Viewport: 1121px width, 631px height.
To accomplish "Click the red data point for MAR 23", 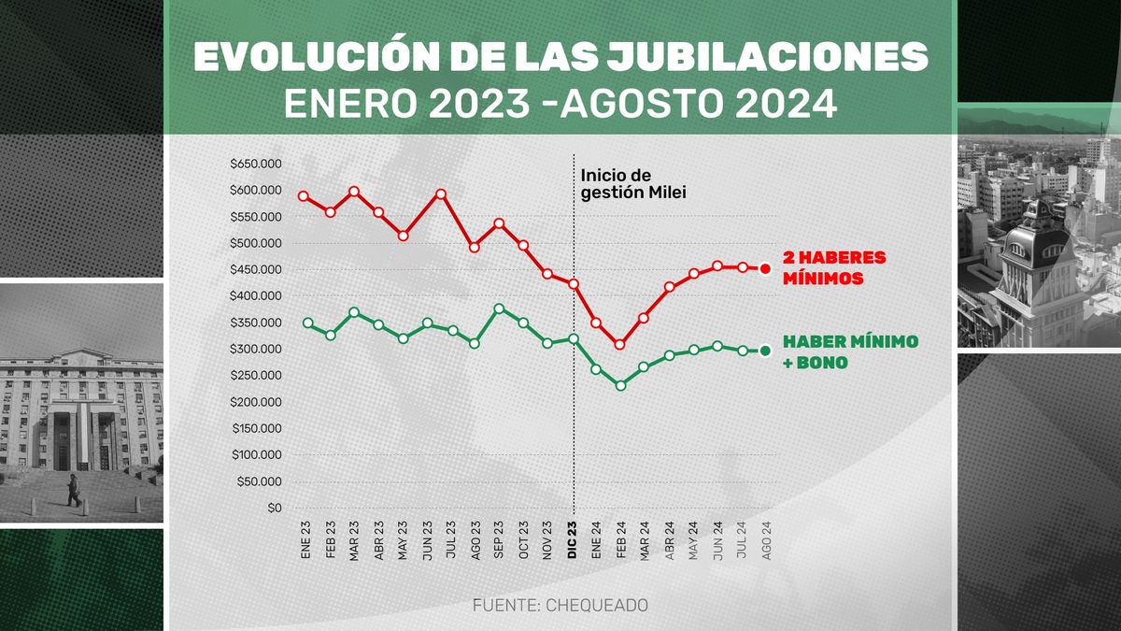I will (354, 192).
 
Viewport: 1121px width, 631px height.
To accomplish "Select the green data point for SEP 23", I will (499, 308).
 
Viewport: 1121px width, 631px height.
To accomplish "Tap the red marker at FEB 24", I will (619, 344).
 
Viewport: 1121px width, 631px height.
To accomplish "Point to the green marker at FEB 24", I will (619, 385).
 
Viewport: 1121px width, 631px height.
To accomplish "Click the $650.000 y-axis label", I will (255, 164).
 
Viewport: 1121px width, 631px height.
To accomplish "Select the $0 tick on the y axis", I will (273, 509).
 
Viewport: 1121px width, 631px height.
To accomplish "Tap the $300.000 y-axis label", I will (255, 349).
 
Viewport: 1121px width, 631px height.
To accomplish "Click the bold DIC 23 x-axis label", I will (572, 540).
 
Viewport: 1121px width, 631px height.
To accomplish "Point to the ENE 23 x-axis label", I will (305, 541).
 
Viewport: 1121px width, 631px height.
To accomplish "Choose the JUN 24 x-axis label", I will (717, 541).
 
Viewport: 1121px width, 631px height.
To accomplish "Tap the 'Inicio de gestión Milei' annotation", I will (629, 184).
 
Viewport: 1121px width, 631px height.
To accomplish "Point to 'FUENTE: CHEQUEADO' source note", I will (560, 606).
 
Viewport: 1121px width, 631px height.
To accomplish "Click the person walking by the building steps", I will (73, 490).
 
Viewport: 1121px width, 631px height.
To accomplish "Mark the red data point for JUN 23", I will (441, 194).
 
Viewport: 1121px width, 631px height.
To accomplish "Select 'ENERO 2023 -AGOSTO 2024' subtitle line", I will (560, 104).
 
